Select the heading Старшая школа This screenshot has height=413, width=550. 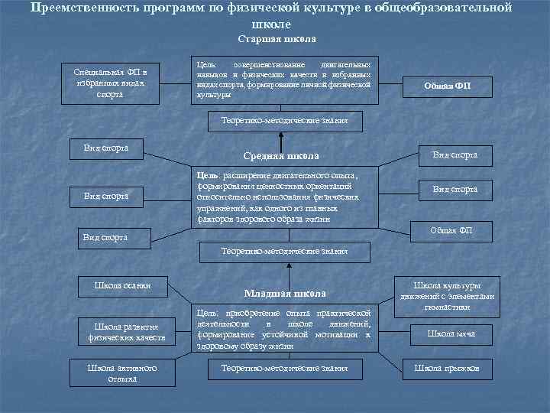click(x=277, y=38)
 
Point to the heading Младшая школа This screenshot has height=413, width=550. click(x=284, y=293)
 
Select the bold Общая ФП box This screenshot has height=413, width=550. click(x=448, y=86)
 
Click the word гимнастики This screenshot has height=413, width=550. click(x=447, y=307)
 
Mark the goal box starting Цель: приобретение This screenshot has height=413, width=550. click(x=284, y=329)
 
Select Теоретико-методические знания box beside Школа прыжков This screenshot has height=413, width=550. click(x=284, y=369)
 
